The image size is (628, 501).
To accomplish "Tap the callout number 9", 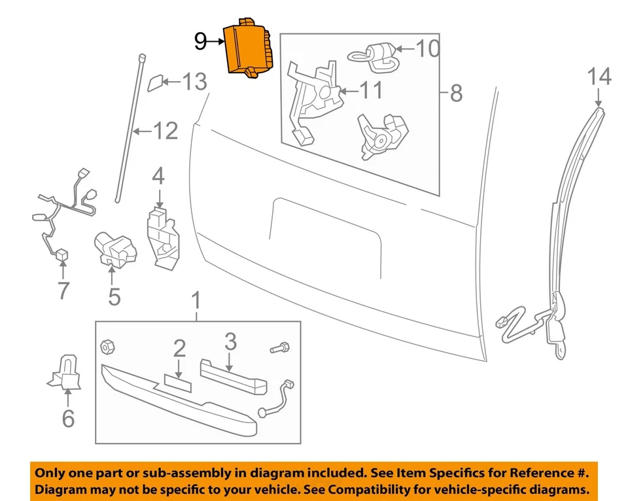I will pyautogui.click(x=201, y=42).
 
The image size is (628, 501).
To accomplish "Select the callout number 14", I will pyautogui.click(x=599, y=77).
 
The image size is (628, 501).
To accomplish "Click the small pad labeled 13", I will pyautogui.click(x=156, y=84).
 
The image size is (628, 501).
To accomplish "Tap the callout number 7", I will pyautogui.click(x=63, y=290).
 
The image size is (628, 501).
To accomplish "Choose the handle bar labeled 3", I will pyautogui.click(x=232, y=375).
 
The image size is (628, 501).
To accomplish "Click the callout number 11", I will pyautogui.click(x=371, y=90).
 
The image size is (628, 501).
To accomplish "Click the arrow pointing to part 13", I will pyautogui.click(x=171, y=82).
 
